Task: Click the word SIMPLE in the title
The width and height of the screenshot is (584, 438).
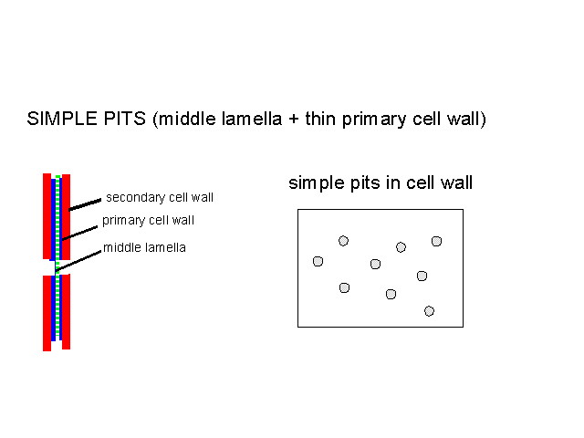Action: coord(62,119)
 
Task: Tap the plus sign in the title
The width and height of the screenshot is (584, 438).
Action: coord(294,120)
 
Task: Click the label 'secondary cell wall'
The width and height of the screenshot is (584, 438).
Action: coord(160,197)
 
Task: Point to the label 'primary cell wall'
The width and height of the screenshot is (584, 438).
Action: coord(148,220)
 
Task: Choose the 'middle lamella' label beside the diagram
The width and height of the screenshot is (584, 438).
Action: coord(144,247)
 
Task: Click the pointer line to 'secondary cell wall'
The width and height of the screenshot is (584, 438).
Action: coord(85,204)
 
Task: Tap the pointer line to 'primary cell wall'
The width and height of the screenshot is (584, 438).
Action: coord(79,233)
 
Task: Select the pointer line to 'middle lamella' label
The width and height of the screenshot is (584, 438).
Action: coord(78,261)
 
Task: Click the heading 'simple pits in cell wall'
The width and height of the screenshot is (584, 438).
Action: coord(381,182)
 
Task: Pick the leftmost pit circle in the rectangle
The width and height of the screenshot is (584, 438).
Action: coord(318,262)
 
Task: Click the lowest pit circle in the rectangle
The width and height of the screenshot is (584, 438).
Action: coord(429,311)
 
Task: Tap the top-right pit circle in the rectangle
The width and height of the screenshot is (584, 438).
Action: coord(436,241)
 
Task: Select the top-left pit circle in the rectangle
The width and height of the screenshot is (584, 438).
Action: coord(343,241)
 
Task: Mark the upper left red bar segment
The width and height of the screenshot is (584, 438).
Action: coord(47,216)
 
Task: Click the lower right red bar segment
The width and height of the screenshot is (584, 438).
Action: coord(66,312)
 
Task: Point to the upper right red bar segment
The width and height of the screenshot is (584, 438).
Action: coord(66,217)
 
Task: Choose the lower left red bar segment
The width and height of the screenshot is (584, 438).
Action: coord(47,313)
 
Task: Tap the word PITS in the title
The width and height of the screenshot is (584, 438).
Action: coord(125,119)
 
